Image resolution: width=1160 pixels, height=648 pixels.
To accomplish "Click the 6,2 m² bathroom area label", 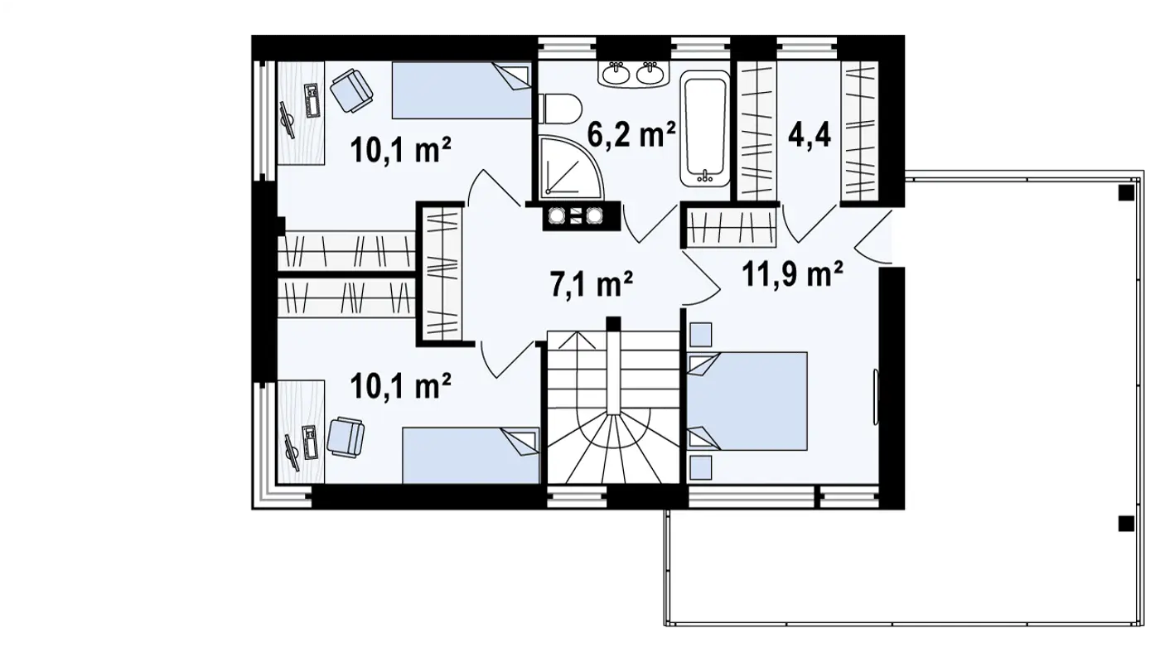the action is point(631,134).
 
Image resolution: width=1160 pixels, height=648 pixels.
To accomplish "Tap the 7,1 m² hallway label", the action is point(592,284).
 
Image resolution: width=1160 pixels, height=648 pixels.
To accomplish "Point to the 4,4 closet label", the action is point(810,135).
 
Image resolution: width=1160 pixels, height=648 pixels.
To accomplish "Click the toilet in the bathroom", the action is point(560,109).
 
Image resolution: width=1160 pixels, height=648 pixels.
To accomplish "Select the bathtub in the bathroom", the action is point(705,128).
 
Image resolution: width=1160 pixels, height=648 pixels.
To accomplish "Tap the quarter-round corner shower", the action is point(570,167).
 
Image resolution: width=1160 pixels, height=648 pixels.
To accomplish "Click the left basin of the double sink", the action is point(616,74).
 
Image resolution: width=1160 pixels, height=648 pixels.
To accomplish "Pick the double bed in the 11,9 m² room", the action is point(747,401).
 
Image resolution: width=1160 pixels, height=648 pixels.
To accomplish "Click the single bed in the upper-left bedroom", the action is point(462,90).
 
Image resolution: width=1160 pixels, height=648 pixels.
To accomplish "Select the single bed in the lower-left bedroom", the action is point(471,455).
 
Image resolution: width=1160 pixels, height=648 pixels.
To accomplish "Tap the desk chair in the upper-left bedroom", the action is point(351,90).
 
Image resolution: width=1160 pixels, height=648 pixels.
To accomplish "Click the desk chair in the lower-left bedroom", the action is point(346,438).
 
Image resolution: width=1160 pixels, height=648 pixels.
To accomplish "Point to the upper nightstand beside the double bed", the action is point(701,335).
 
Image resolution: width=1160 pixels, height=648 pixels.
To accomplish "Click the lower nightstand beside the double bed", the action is point(701,467).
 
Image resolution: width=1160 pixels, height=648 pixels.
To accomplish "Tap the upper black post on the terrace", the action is point(1126,193).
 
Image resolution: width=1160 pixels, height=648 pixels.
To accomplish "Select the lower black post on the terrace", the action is point(1126,524).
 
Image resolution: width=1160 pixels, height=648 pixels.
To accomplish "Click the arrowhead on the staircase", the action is point(578,340).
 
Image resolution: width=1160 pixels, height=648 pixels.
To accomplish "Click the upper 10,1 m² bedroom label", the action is point(400,150).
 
